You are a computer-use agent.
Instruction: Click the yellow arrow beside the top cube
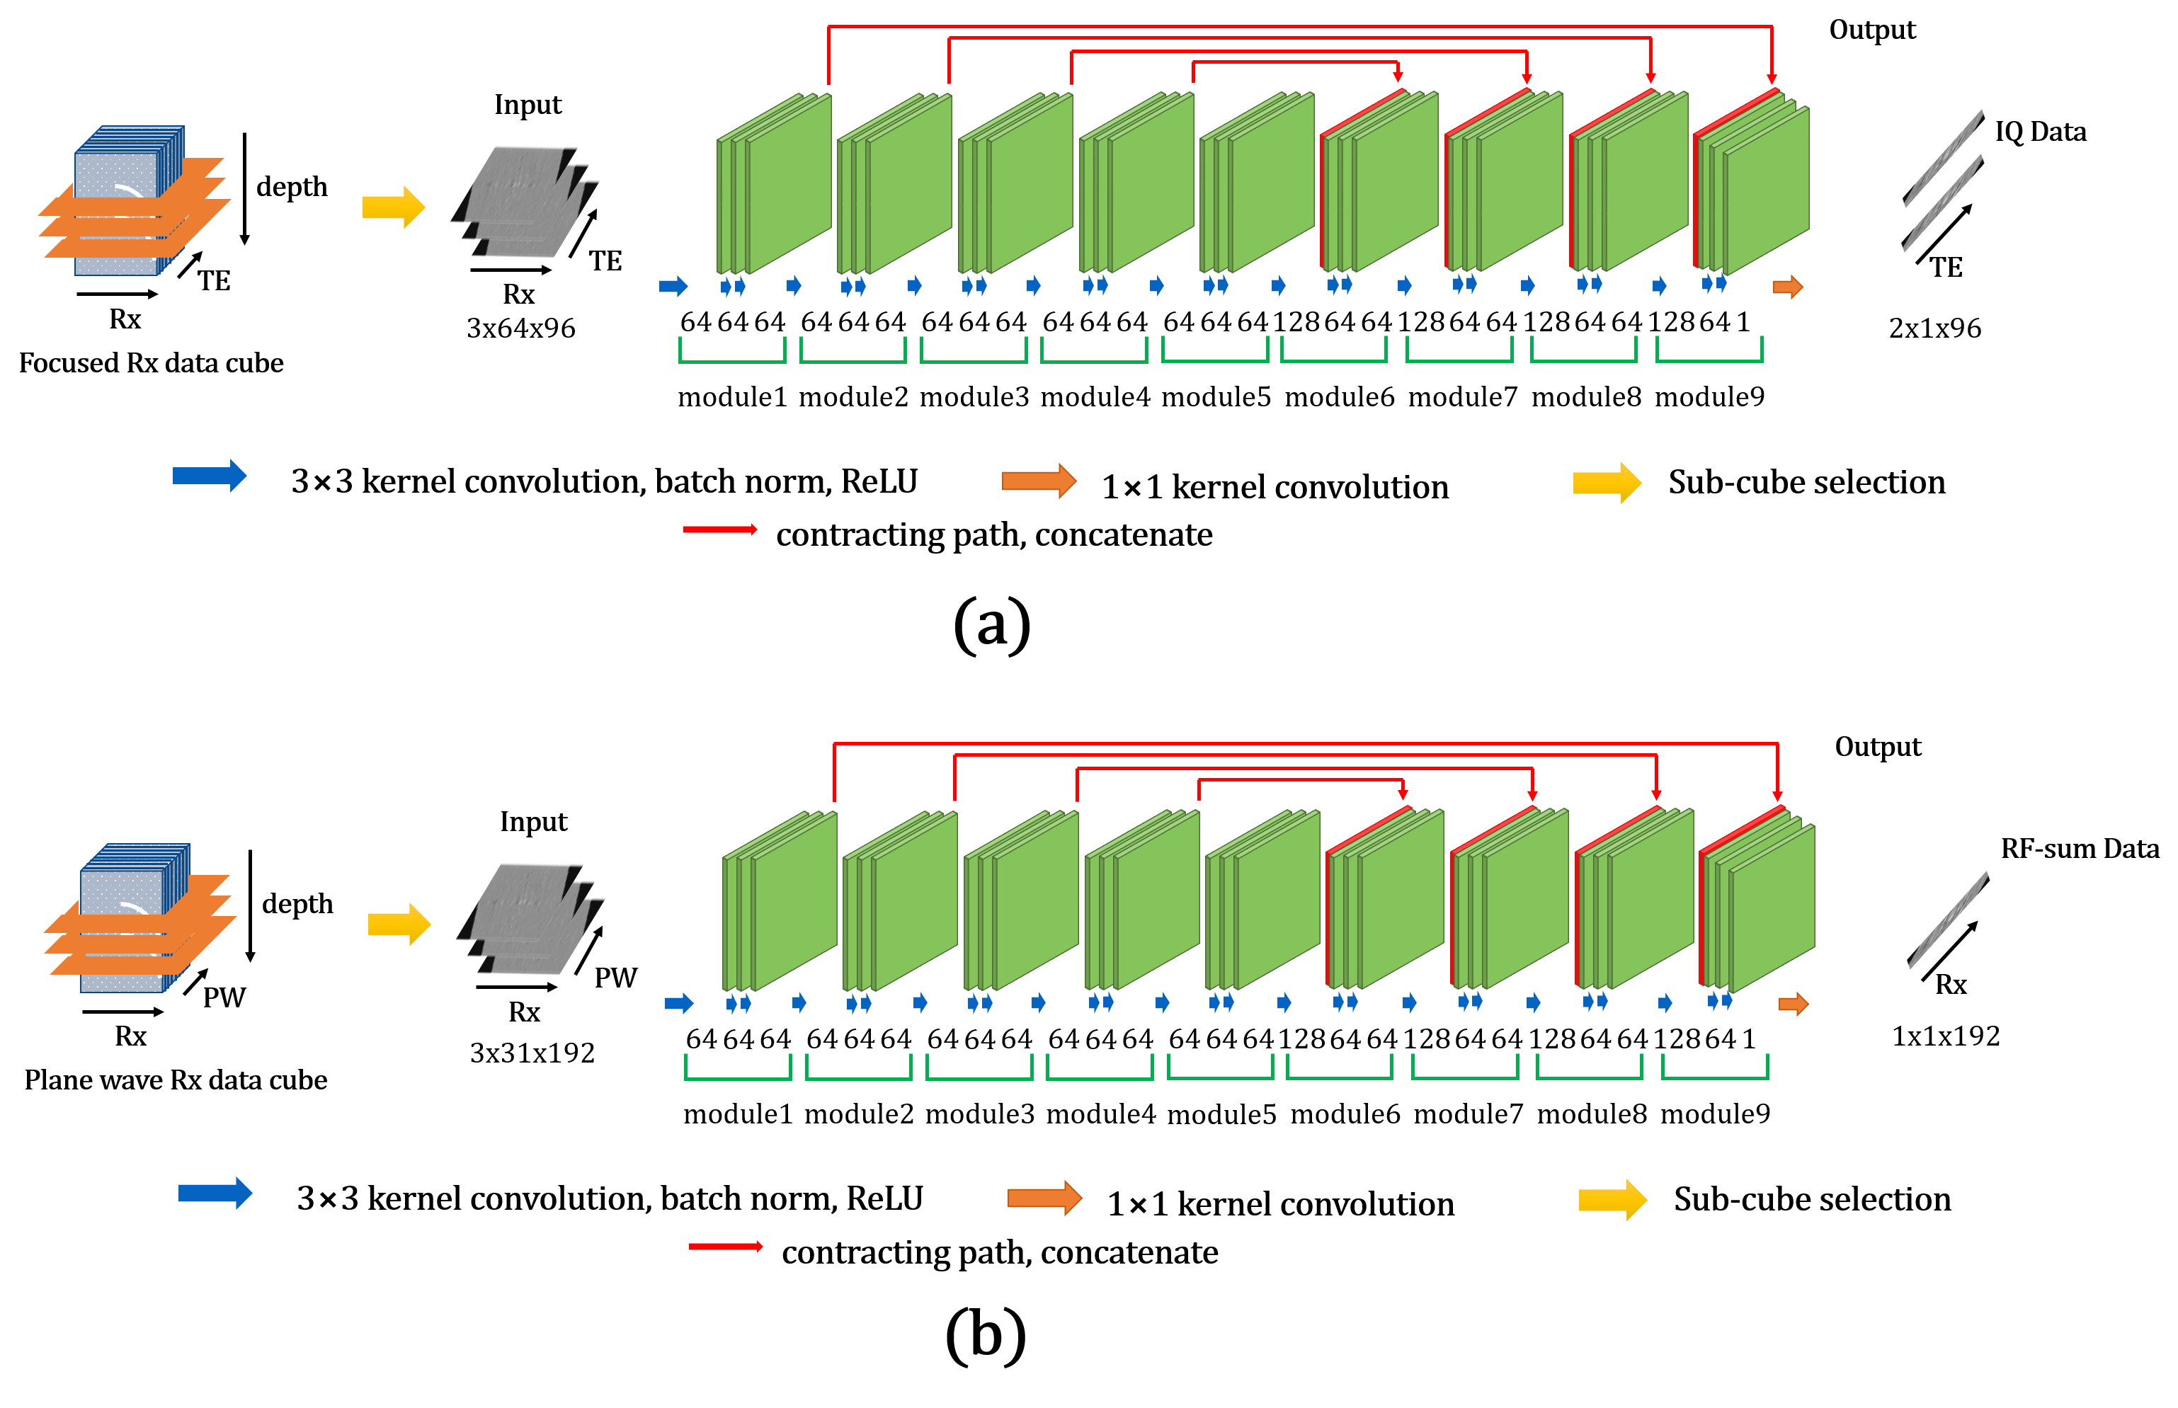393,207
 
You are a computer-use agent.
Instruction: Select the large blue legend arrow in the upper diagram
210,476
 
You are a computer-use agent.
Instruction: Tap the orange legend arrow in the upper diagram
1039,481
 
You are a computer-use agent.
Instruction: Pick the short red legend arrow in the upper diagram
719,530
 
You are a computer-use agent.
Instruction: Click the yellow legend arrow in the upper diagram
1607,483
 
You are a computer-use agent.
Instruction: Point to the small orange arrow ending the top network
1788,287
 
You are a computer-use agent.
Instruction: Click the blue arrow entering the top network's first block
673,286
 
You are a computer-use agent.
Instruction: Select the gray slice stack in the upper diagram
525,201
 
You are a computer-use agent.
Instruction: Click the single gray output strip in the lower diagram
1948,920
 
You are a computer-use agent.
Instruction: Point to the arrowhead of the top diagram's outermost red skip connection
1771,81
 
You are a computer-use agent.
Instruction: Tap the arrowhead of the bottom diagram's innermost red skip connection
1403,796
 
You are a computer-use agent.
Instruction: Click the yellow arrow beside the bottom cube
399,925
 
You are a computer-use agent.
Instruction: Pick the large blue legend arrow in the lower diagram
215,1193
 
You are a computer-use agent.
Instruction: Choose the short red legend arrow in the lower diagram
725,1246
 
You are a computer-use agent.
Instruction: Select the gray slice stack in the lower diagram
530,918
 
